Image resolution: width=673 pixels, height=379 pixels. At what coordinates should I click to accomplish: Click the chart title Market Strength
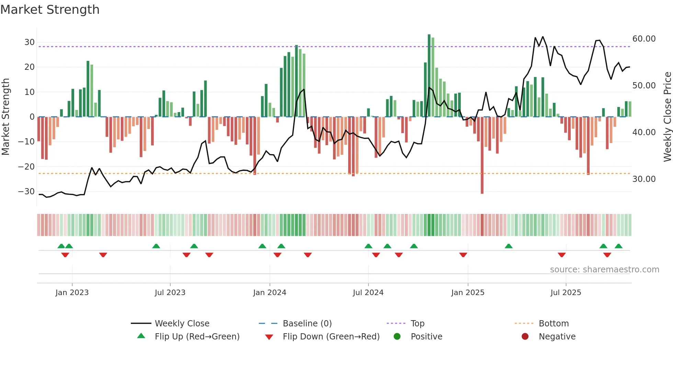(x=50, y=10)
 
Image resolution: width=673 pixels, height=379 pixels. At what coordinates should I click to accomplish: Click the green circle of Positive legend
(x=397, y=336)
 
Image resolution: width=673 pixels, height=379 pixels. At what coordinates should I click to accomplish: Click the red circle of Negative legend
(x=525, y=336)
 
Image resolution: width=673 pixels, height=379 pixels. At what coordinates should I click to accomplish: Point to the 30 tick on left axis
(x=30, y=42)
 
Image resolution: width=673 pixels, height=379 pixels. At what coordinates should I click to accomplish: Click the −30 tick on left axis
(x=26, y=191)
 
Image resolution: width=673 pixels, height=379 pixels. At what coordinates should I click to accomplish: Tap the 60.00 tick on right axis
(x=644, y=39)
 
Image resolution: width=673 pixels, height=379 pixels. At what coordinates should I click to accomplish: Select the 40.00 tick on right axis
(x=644, y=132)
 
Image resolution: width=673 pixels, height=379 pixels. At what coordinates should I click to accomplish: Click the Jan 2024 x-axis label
(x=270, y=292)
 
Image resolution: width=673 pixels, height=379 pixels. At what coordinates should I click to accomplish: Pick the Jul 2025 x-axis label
(x=566, y=292)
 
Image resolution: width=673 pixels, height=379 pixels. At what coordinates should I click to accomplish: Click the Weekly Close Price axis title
(x=667, y=117)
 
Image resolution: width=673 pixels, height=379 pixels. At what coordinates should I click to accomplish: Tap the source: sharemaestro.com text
(x=604, y=270)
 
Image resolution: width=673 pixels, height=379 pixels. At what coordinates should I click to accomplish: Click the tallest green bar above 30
(x=429, y=76)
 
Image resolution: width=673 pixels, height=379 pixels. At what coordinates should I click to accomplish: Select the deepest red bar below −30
(x=482, y=155)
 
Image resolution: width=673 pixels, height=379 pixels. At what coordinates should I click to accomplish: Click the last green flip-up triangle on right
(x=618, y=246)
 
